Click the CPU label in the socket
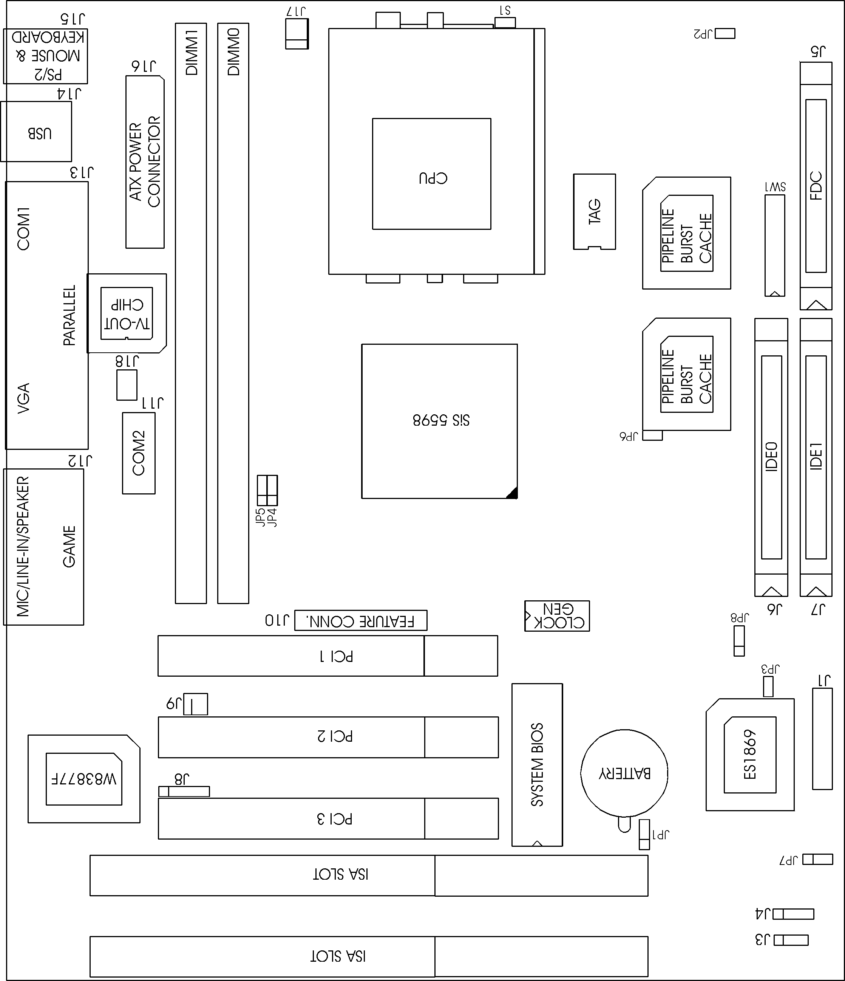click(x=433, y=178)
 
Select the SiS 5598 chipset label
click(x=441, y=420)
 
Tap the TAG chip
click(x=594, y=212)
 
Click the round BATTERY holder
click(x=624, y=773)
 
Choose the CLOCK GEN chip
click(x=557, y=616)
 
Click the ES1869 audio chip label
click(x=750, y=755)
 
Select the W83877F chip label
click(x=84, y=779)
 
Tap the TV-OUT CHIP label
click(x=127, y=314)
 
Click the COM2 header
click(x=139, y=453)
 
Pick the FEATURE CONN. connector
click(x=360, y=620)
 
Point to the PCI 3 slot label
click(x=335, y=818)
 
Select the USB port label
click(x=39, y=133)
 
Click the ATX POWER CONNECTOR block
click(x=145, y=162)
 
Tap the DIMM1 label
click(x=191, y=52)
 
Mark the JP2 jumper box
click(x=725, y=34)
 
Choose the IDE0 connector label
click(x=771, y=456)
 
